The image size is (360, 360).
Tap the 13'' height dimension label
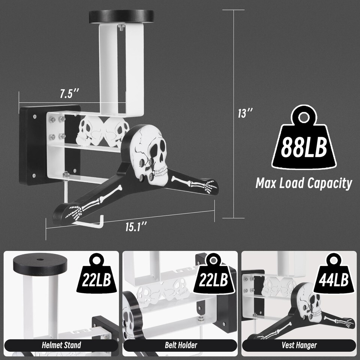[245, 113]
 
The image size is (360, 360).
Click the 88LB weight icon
[304, 138]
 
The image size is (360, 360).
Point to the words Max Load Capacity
[304, 183]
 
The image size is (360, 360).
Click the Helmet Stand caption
[61, 345]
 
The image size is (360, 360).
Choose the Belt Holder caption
[181, 345]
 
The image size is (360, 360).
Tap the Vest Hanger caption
[299, 345]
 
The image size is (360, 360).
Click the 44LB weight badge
[333, 274]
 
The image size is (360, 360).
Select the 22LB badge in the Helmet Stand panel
[96, 274]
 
